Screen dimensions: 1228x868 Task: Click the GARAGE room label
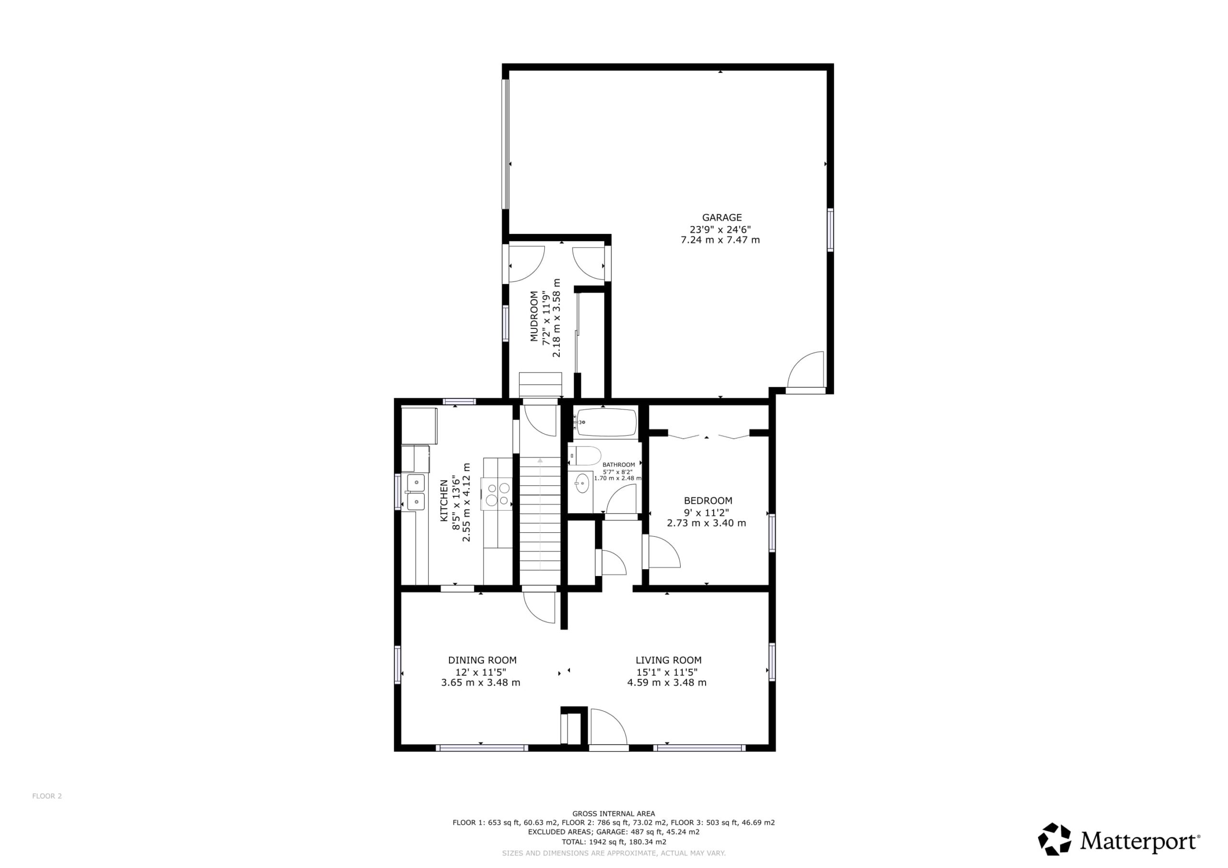pos(721,218)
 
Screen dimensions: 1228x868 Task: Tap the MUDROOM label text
pos(534,316)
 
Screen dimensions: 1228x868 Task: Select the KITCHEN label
pos(444,501)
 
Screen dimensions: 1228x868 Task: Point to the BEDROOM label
pos(708,501)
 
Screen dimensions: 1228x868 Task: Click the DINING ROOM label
pos(482,660)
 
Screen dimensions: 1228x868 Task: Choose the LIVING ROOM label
pos(669,660)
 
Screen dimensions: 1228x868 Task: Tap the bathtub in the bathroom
pos(606,422)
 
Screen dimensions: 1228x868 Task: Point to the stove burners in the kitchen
pos(497,493)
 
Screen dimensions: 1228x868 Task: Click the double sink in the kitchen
pos(415,492)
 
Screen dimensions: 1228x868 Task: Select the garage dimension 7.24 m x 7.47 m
pos(720,240)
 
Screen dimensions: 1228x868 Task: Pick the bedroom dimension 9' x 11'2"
pos(707,512)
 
